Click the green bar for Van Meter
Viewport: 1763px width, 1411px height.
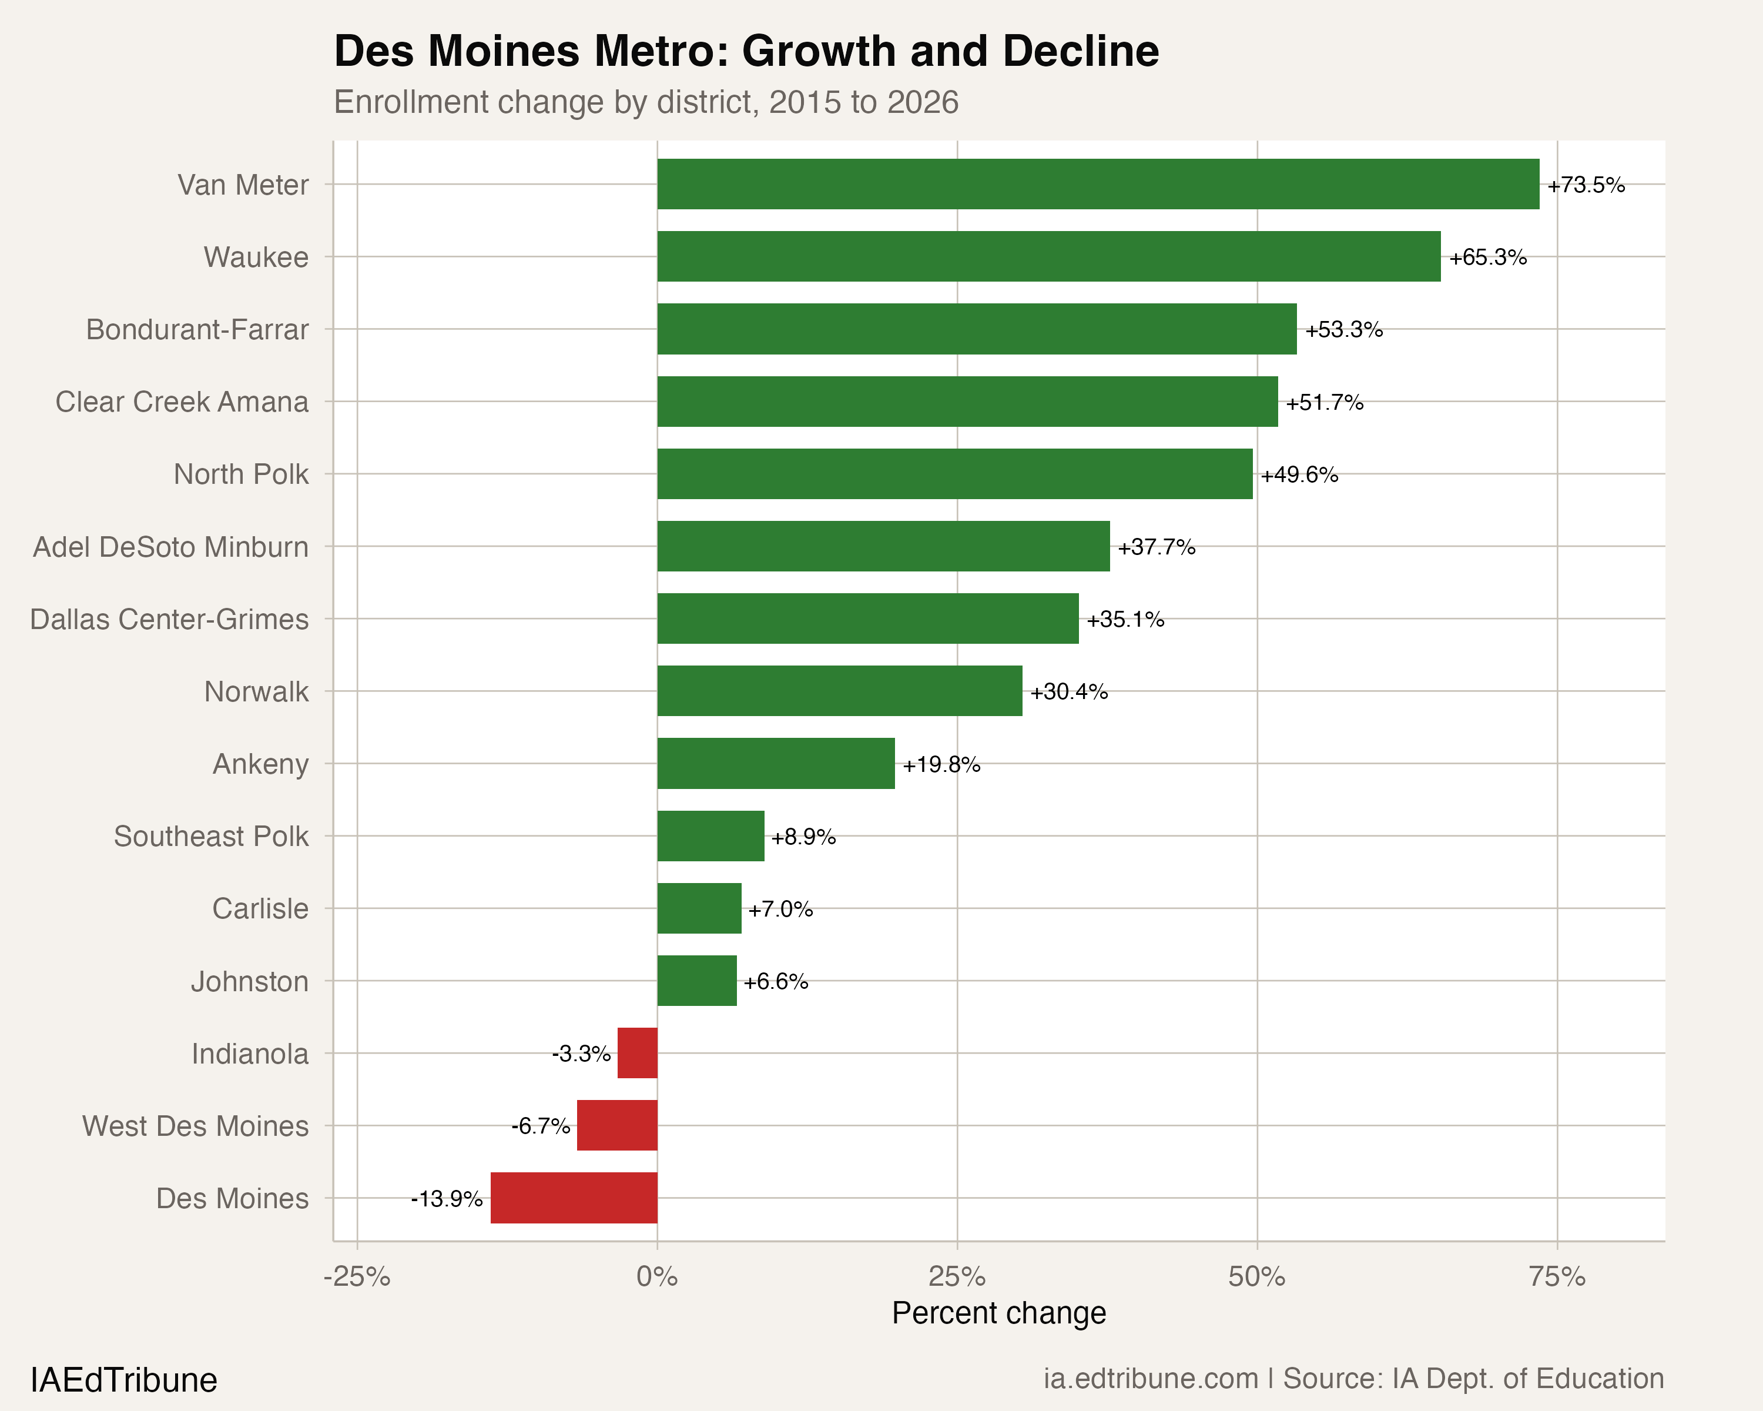(x=1097, y=184)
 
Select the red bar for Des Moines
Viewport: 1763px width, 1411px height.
(x=574, y=1198)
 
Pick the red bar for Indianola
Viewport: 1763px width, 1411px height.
(x=637, y=1053)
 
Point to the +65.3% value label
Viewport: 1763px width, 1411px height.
(x=1487, y=258)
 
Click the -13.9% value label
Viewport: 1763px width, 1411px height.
(x=447, y=1199)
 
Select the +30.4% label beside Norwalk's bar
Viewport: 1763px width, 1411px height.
(x=1069, y=692)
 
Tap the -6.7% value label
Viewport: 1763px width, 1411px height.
(x=541, y=1126)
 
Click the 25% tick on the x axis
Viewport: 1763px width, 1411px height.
(x=957, y=1277)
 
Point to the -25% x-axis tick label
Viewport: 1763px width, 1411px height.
(x=357, y=1277)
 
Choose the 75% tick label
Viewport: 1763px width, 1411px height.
(x=1557, y=1277)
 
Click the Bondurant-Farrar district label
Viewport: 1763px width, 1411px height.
(x=197, y=330)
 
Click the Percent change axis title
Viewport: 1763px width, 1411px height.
(x=998, y=1313)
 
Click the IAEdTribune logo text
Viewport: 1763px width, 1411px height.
(x=123, y=1380)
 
